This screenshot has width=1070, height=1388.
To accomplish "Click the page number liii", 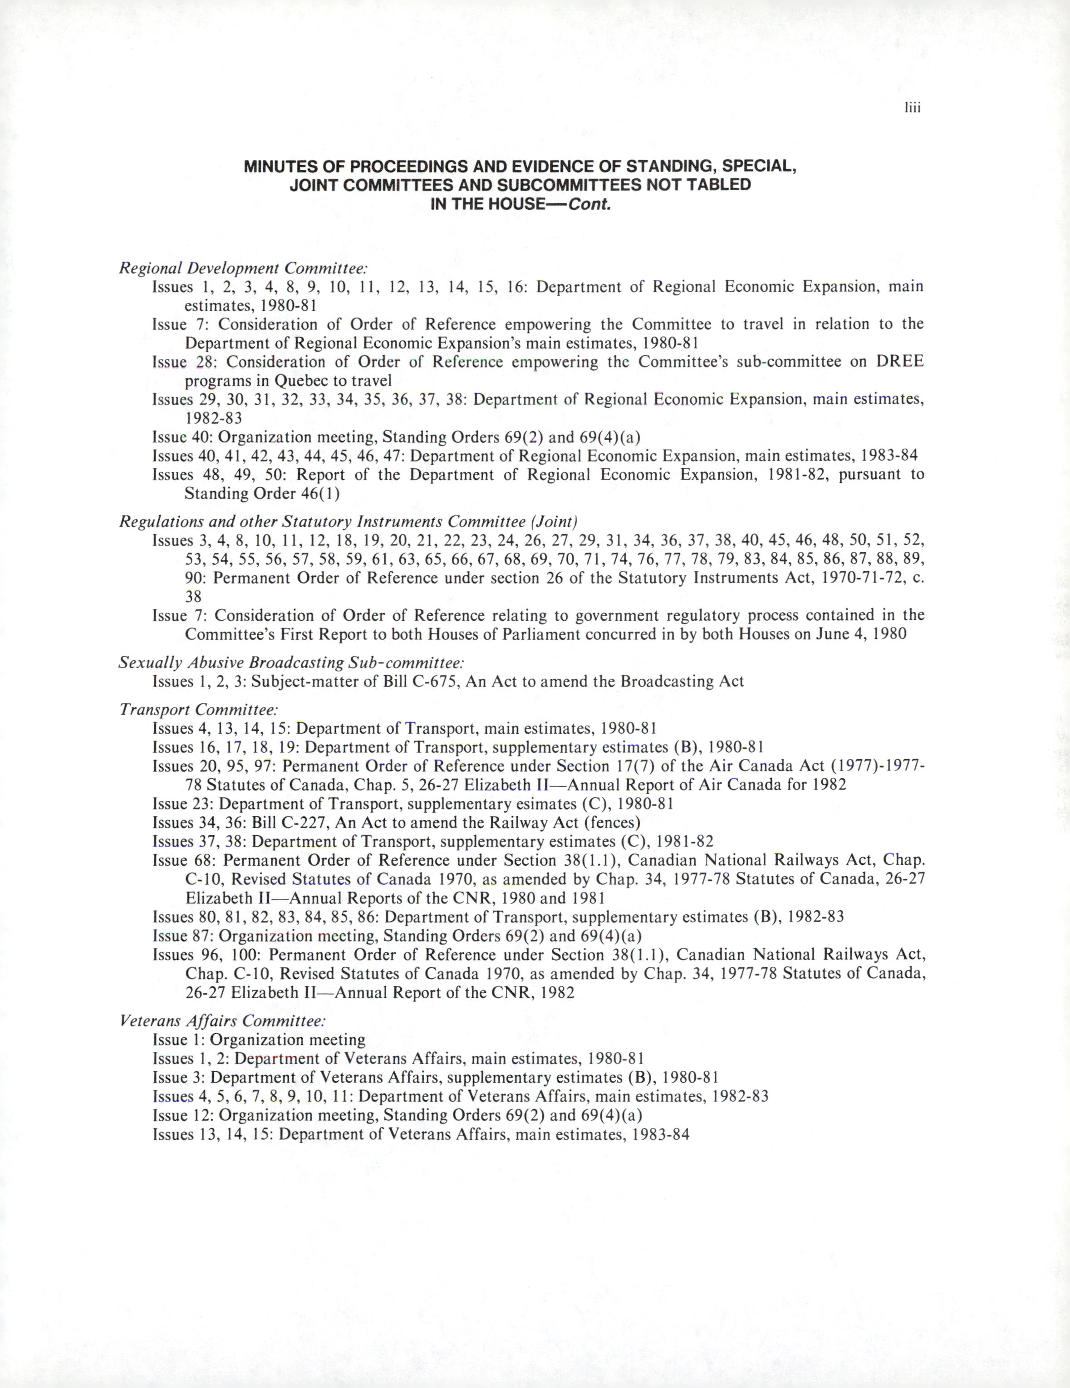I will coord(913,108).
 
